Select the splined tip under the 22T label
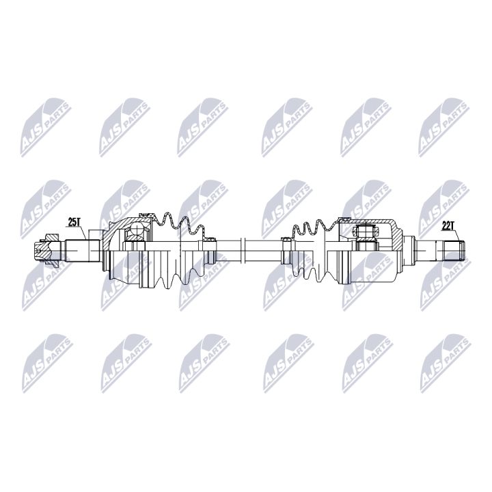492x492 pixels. point(452,249)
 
